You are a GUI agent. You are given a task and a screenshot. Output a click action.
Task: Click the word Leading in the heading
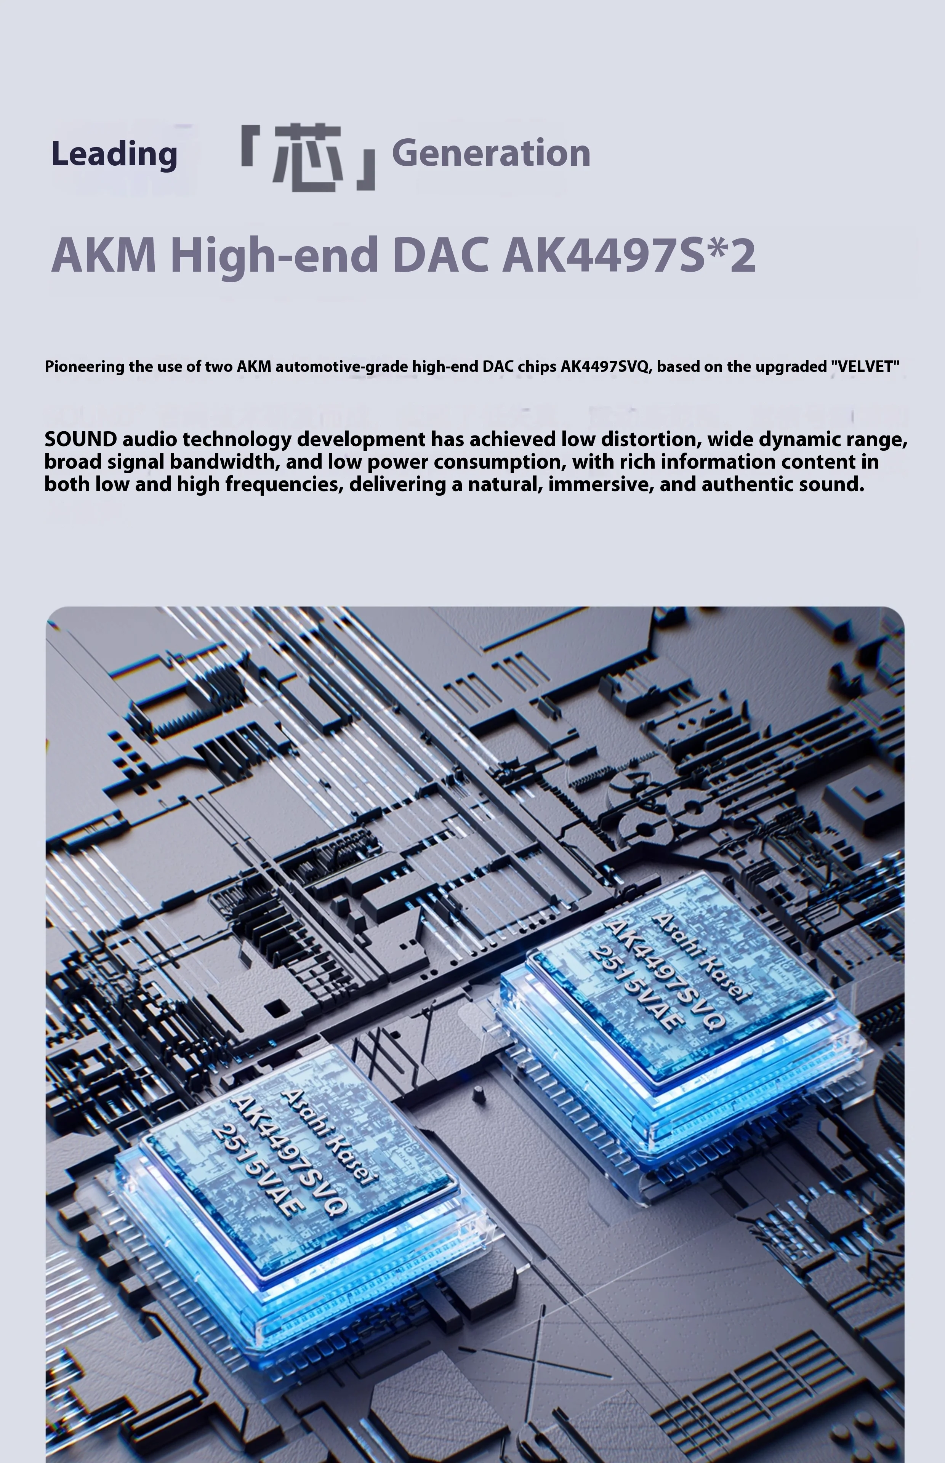[x=114, y=154]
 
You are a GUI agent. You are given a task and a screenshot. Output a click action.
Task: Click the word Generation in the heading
[x=491, y=154]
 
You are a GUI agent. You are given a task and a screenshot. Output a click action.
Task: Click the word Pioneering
[x=85, y=367]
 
